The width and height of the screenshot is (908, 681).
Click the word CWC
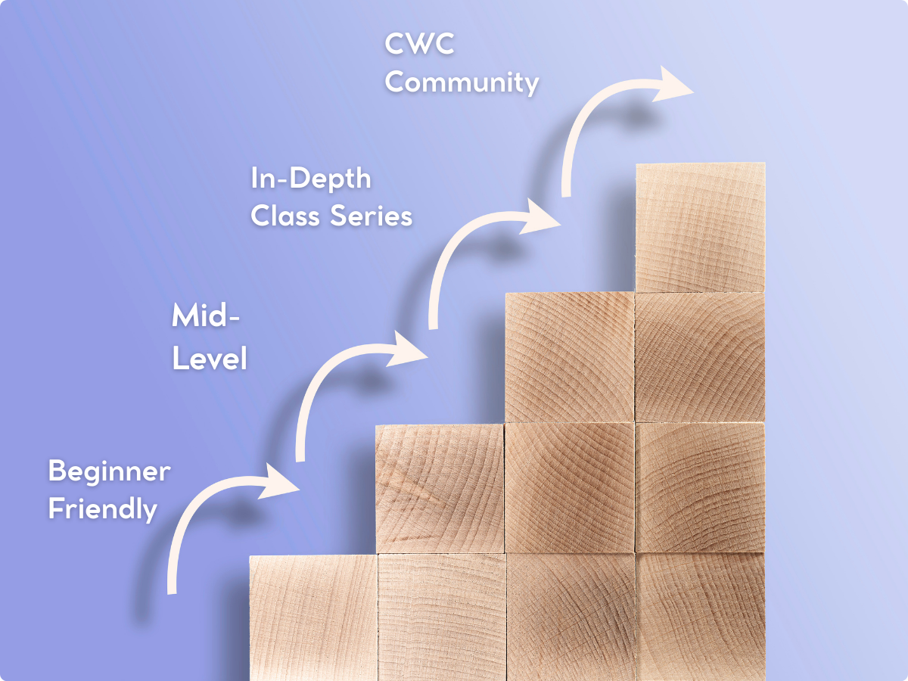(x=419, y=45)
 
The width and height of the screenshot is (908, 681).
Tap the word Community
(x=462, y=82)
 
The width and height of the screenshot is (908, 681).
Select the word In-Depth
(x=311, y=179)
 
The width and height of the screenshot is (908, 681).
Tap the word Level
(x=210, y=358)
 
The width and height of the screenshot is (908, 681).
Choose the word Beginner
(x=109, y=472)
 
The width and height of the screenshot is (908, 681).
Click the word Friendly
(x=102, y=508)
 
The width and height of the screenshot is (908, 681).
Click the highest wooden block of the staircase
(x=700, y=227)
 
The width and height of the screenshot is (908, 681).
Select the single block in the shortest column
(x=313, y=617)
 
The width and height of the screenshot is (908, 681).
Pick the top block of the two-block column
(x=440, y=488)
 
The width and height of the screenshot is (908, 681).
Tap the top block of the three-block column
(x=569, y=357)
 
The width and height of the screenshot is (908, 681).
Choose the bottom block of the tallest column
(x=700, y=617)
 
